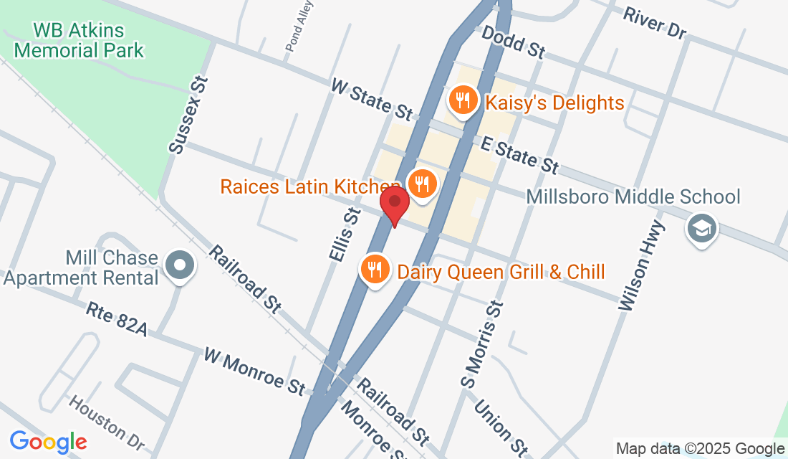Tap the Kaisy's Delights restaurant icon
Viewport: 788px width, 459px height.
(x=463, y=100)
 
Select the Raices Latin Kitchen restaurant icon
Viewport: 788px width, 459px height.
(x=422, y=184)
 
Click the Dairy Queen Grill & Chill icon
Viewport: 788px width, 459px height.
(x=375, y=270)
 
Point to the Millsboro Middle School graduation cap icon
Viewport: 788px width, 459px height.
(x=700, y=229)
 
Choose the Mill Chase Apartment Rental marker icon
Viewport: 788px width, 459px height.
(x=180, y=265)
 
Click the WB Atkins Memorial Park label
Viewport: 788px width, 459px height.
(x=79, y=41)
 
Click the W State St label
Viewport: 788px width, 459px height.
(x=372, y=99)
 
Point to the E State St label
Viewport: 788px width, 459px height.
(x=519, y=155)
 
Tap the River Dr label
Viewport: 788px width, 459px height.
(x=654, y=22)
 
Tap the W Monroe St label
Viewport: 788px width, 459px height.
(x=254, y=370)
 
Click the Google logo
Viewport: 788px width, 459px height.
(x=48, y=442)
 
